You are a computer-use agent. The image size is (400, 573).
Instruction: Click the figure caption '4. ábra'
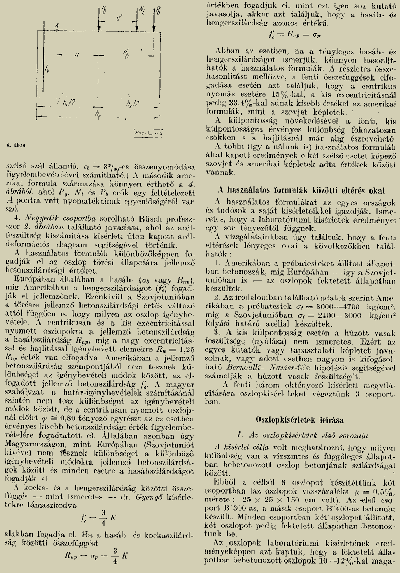tap(11, 143)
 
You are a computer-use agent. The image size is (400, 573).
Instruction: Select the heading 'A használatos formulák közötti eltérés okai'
tap(297, 189)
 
